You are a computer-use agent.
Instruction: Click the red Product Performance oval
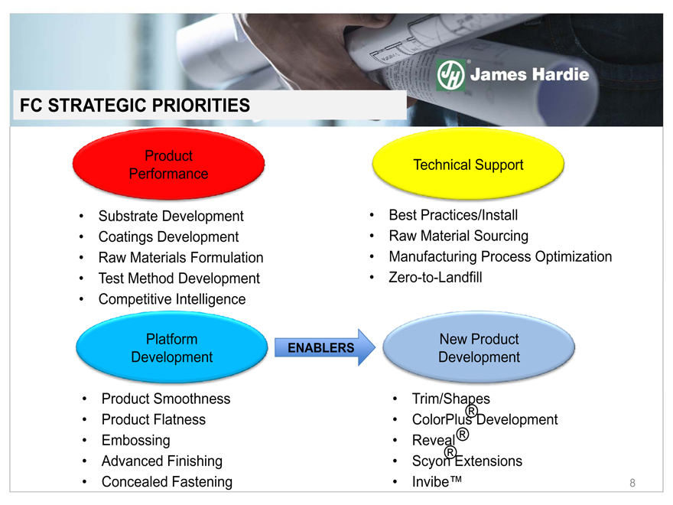click(x=169, y=164)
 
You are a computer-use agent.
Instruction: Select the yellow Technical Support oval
click(x=468, y=164)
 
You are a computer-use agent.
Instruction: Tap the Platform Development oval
click(x=171, y=347)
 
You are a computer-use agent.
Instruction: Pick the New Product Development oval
click(x=479, y=347)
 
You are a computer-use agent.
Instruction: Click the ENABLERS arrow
click(x=325, y=347)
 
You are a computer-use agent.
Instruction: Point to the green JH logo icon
click(x=450, y=75)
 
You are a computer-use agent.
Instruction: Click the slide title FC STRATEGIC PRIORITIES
click(x=135, y=106)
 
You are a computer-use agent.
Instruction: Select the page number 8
click(x=632, y=483)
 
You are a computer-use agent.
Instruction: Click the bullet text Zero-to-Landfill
click(x=435, y=278)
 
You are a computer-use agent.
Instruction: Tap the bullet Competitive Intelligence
click(x=172, y=299)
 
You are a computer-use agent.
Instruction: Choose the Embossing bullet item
click(x=135, y=441)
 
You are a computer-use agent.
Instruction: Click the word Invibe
click(x=431, y=482)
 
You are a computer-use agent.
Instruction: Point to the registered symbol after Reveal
click(x=462, y=435)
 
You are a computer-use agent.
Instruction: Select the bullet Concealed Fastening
click(x=167, y=482)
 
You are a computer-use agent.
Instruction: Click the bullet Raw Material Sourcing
click(x=458, y=236)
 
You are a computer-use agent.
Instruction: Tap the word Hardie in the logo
click(x=561, y=75)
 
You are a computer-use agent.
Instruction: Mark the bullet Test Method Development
click(x=179, y=279)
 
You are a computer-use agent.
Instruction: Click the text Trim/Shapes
click(x=450, y=399)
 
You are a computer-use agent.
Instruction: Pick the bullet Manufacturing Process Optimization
click(x=500, y=257)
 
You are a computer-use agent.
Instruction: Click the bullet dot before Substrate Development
click(x=81, y=216)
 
